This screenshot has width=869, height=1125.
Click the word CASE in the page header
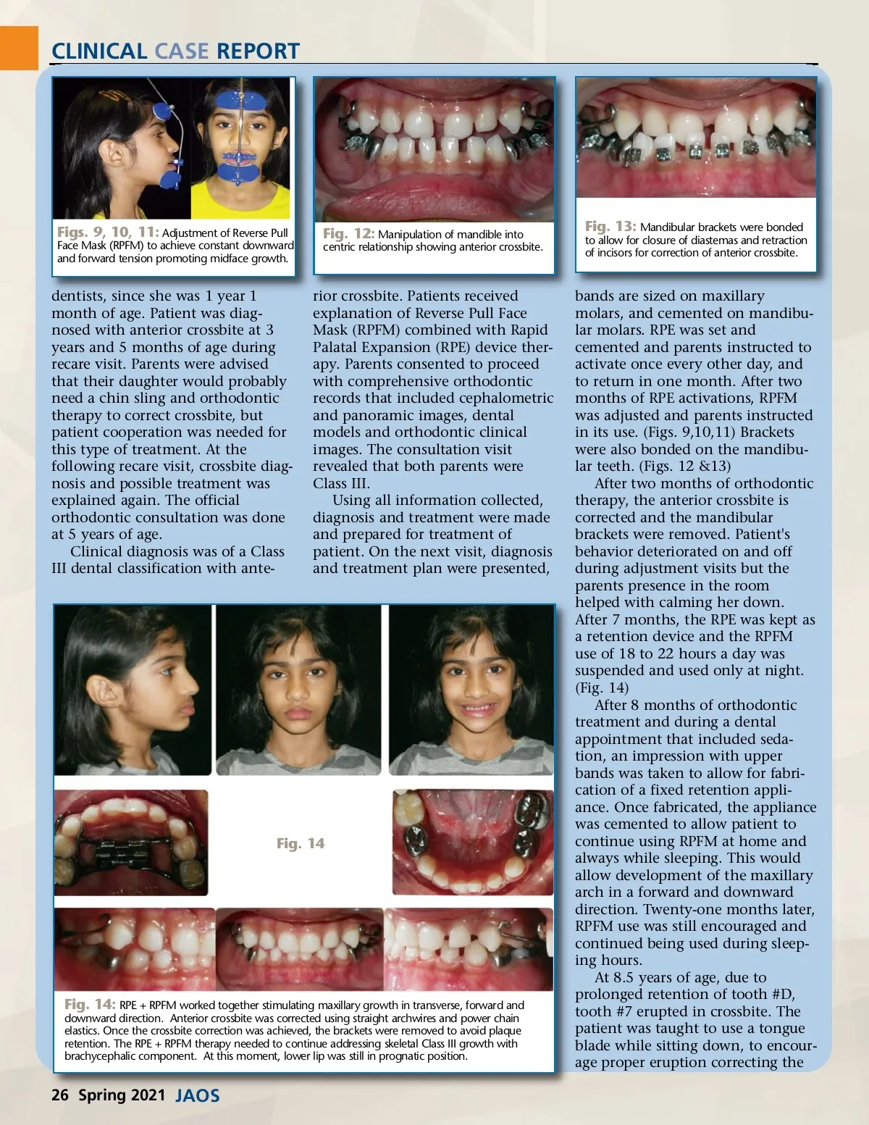181,51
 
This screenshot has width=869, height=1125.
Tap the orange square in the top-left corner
18,48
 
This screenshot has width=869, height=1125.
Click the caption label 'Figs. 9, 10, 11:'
108,233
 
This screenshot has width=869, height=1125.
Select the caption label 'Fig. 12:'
348,234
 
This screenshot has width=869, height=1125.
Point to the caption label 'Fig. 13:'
610,227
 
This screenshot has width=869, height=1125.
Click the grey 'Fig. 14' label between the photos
301,843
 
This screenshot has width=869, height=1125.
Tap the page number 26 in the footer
59,1095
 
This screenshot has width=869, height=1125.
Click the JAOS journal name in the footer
198,1095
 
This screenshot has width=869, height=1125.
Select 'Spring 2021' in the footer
122,1095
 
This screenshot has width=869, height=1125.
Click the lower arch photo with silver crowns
472,843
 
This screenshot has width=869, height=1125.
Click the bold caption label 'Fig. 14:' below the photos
90,1005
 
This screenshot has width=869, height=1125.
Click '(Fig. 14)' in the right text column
602,687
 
